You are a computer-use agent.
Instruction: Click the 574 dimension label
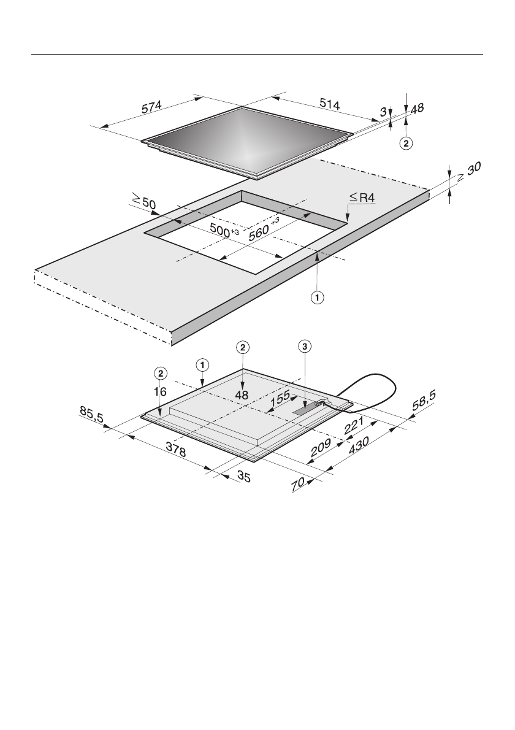pos(151,107)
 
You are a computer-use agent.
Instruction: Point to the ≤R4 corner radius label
pos(362,198)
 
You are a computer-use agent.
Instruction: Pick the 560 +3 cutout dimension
pos(264,229)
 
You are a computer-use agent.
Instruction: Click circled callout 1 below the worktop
pos(318,298)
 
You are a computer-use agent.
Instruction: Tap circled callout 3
pos(304,347)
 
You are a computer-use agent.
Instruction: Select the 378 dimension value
pos(176,451)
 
